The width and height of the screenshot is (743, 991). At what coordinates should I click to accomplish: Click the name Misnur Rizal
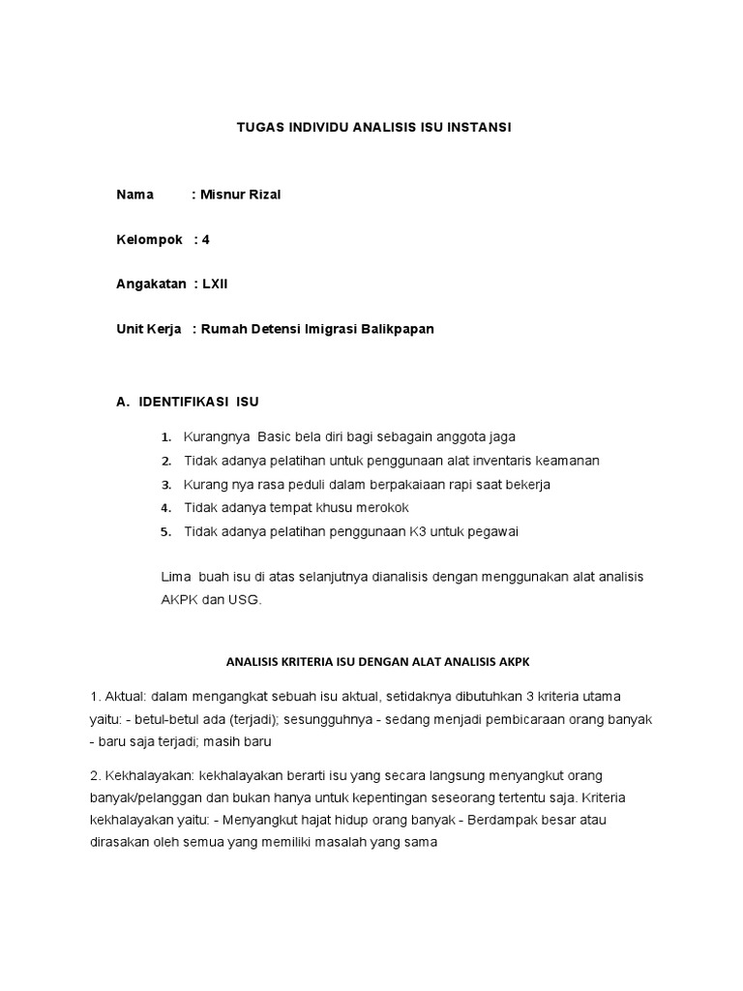240,195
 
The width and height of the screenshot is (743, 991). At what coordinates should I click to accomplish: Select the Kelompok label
149,239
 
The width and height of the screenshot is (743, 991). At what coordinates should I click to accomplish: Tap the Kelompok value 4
206,239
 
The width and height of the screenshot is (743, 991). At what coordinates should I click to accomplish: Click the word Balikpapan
398,329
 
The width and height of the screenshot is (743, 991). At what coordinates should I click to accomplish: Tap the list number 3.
165,485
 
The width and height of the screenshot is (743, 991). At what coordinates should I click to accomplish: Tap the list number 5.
165,532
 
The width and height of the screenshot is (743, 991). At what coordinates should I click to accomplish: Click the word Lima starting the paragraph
175,577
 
